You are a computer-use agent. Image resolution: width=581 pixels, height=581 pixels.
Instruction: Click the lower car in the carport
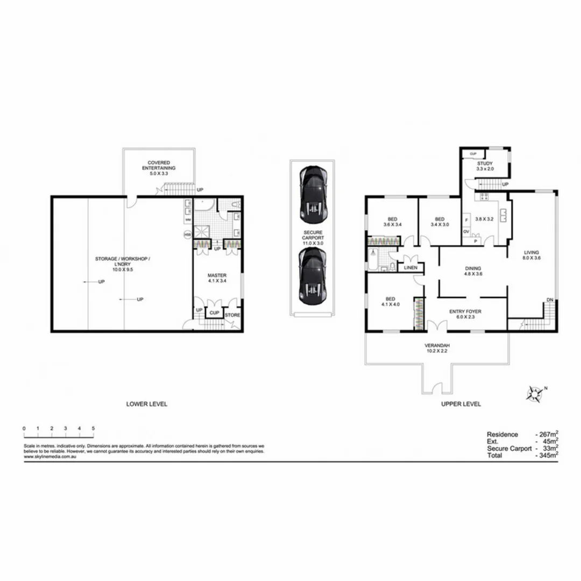click(313, 277)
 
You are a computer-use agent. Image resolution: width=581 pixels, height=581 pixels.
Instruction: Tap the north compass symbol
click(535, 394)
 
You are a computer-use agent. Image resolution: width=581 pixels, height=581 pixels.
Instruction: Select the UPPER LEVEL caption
click(461, 404)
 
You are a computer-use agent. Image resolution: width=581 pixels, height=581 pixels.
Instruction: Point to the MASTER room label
click(217, 277)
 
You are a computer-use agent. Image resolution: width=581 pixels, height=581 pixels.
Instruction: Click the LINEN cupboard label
click(410, 267)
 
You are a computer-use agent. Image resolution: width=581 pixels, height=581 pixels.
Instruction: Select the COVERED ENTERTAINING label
click(159, 165)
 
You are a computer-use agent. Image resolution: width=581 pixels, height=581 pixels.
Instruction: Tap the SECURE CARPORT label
click(313, 236)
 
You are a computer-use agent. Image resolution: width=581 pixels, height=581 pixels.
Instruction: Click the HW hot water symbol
click(188, 235)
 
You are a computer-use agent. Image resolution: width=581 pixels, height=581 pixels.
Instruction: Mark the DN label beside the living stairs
click(549, 300)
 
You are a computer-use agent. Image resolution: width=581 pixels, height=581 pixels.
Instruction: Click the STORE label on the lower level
click(232, 315)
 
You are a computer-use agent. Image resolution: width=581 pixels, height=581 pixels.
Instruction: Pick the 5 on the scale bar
click(94, 428)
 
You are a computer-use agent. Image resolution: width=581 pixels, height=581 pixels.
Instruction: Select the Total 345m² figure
click(547, 455)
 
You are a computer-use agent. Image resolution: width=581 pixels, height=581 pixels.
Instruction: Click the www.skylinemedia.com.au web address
click(49, 457)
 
